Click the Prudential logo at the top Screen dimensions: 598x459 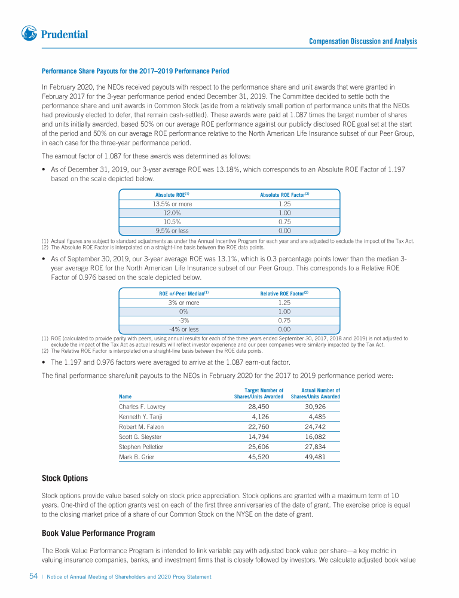tap(54, 34)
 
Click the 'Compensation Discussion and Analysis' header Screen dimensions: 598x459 tap(363, 41)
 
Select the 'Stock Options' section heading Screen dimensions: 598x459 tap(65, 478)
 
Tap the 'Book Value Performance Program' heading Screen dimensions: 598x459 tap(98, 533)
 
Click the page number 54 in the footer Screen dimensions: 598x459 tap(34, 576)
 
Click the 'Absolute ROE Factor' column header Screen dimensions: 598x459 tap(284, 195)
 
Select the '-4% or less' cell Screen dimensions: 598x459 tap(183, 329)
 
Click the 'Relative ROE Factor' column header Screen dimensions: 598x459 tap(284, 294)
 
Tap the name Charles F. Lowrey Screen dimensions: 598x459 tap(142, 407)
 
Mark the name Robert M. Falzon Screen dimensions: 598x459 tap(141, 427)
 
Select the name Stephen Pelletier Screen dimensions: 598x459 tap(141, 447)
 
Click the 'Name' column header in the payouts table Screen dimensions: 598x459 tap(125, 396)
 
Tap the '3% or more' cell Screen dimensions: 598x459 tap(183, 303)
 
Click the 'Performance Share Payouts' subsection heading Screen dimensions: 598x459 tap(135, 72)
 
